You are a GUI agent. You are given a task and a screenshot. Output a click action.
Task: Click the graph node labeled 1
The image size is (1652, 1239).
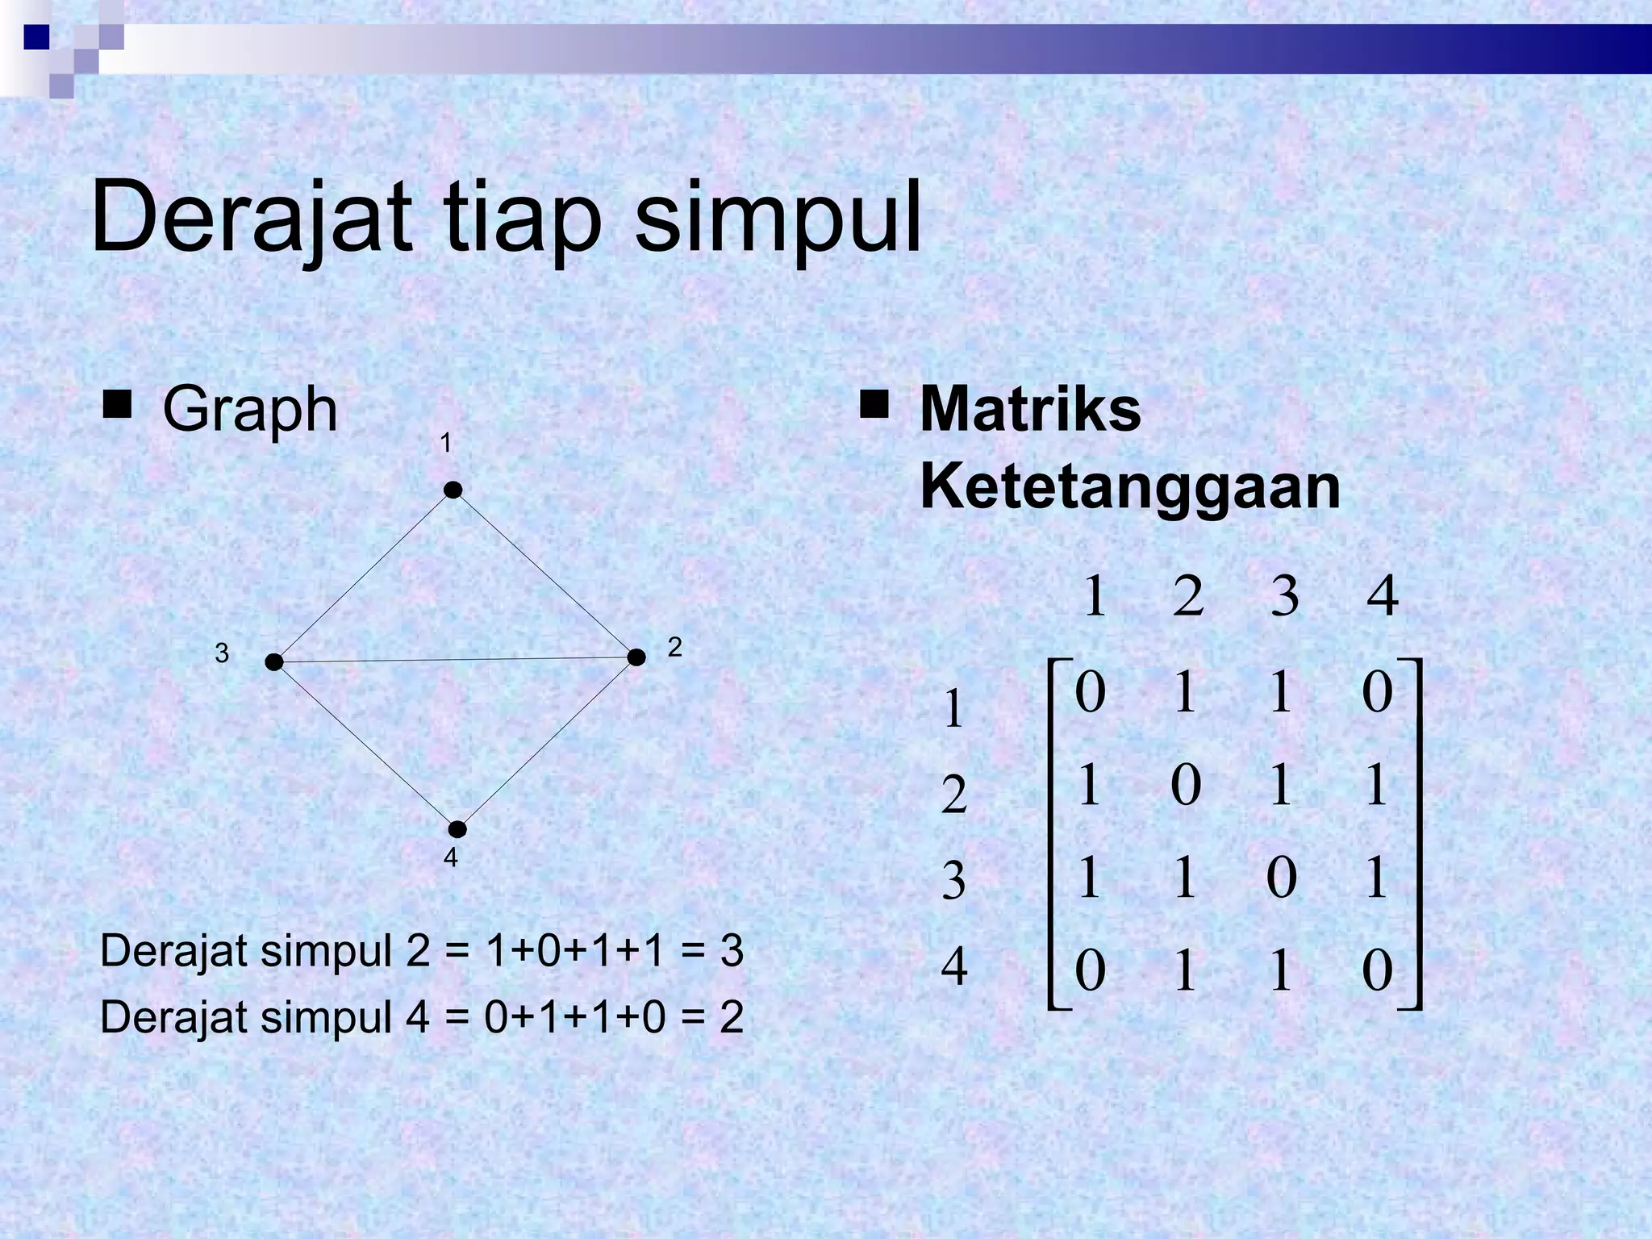point(453,490)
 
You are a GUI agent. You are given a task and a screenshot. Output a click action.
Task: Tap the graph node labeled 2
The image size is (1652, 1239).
point(636,657)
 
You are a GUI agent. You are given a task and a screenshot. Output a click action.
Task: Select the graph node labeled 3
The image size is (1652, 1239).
point(274,662)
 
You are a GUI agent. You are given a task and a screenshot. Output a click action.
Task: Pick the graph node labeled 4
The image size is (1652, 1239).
point(457,829)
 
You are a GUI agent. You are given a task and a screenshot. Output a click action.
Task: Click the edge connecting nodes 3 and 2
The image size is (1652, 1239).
point(456,660)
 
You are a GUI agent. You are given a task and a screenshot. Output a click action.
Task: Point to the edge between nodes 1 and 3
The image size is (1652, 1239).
point(364,576)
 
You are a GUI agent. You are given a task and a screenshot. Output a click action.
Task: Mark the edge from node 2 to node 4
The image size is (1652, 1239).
point(547,744)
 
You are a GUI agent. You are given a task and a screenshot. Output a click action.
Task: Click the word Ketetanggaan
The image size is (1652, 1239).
point(1129,487)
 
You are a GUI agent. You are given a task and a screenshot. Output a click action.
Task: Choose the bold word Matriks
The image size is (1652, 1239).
point(1030,410)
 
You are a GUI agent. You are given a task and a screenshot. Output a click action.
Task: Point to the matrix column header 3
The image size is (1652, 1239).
point(1284,598)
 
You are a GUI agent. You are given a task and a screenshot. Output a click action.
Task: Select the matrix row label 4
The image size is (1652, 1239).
point(954,967)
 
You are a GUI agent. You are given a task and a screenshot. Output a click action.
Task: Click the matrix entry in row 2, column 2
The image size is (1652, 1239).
point(1185,785)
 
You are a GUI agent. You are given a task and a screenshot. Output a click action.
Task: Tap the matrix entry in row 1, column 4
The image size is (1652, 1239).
point(1377,692)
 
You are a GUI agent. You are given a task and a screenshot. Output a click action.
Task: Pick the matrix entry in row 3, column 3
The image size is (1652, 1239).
point(1281,878)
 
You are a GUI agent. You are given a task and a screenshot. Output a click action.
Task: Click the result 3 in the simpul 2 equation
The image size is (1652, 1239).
point(731,952)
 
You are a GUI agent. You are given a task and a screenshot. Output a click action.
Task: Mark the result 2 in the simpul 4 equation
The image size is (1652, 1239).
point(731,1018)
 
